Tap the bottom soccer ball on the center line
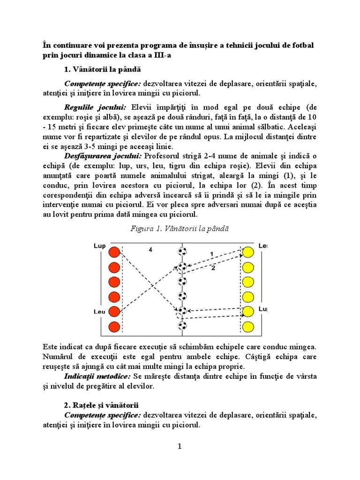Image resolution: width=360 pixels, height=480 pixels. (x=182, y=325)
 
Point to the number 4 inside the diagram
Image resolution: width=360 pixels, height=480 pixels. (x=150, y=250)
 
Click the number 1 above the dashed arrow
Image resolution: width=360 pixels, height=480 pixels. (x=211, y=254)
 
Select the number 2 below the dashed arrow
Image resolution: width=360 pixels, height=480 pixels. (x=213, y=268)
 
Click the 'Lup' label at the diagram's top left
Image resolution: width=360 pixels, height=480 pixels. (x=99, y=247)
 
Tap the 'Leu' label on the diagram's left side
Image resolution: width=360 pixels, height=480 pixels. (x=99, y=311)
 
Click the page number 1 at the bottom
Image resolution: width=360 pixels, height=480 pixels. (x=179, y=446)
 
